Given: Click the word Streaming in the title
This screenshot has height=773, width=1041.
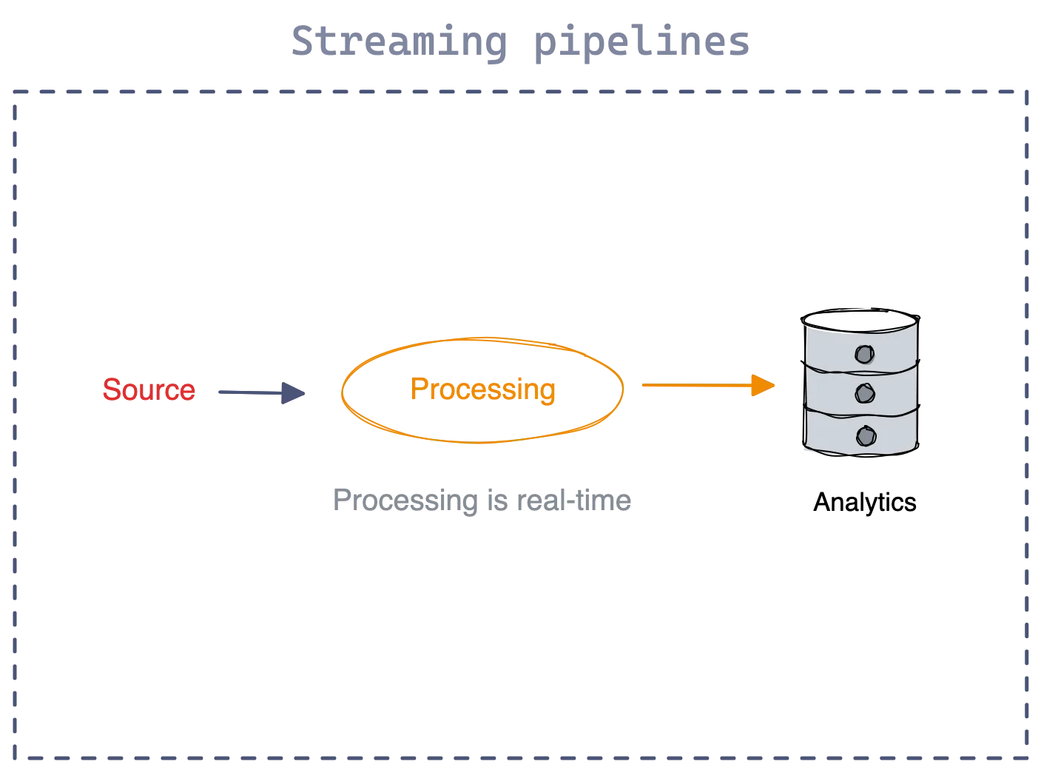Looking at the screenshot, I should click(398, 42).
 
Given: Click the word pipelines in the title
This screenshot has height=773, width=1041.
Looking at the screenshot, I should click(641, 42).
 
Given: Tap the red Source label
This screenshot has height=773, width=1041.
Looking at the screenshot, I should click(149, 389).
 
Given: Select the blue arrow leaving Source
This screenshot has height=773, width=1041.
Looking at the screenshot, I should click(252, 392).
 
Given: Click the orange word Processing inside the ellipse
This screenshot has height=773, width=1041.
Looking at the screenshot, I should click(482, 389).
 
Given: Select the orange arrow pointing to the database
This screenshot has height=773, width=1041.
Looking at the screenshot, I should click(695, 386).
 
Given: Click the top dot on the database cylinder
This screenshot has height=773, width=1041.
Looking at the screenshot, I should click(863, 354).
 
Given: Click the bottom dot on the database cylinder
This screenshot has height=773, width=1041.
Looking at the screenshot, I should click(863, 435).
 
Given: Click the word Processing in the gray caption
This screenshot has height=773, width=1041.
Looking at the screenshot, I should click(403, 501).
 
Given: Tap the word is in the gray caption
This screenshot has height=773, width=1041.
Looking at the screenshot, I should click(493, 501).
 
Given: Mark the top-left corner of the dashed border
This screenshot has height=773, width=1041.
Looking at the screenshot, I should click(14, 93).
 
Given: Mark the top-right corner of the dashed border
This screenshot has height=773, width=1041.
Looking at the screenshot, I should click(1027, 93).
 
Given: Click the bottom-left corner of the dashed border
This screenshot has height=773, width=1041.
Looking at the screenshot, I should click(14, 757).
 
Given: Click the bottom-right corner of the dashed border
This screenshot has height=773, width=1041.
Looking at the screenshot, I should click(1027, 757).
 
